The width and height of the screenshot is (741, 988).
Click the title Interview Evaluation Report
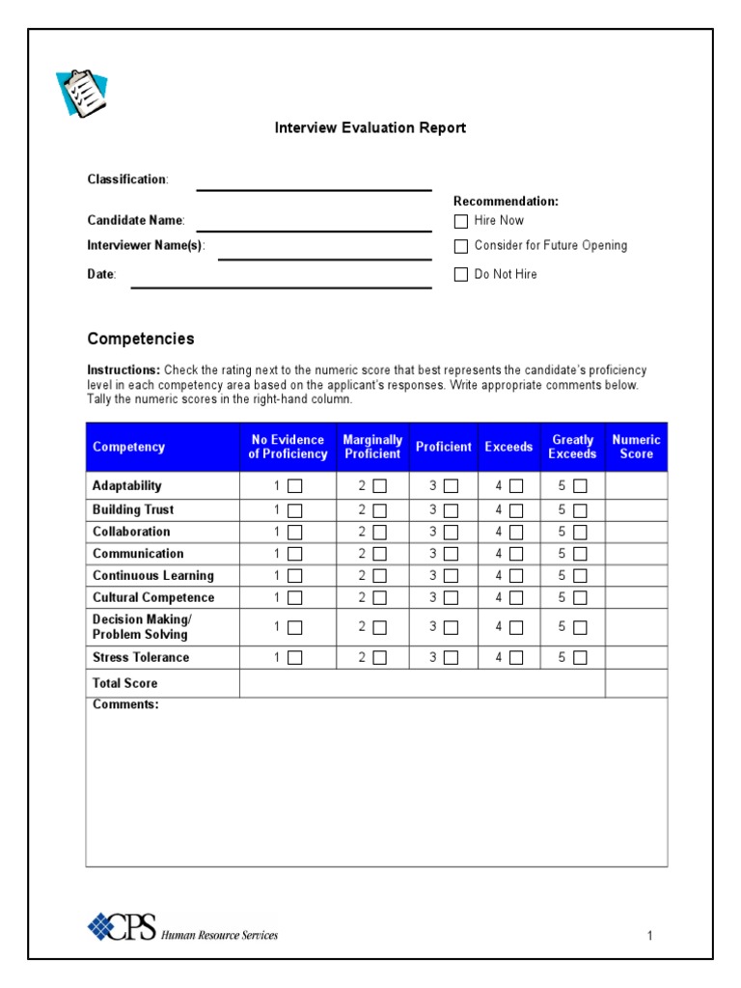(370, 127)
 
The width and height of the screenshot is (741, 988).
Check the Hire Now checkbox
(461, 221)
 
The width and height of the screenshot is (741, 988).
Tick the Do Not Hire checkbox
(461, 275)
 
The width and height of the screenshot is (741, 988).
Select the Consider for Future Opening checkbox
(461, 246)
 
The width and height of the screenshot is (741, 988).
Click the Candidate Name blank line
(314, 230)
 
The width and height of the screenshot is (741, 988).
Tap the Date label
(101, 275)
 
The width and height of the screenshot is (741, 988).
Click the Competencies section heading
(141, 339)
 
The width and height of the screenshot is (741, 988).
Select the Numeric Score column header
(636, 447)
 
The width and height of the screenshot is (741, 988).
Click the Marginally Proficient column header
(372, 447)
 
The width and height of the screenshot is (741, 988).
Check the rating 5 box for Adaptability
(580, 486)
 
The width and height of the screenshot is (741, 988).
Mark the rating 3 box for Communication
(452, 554)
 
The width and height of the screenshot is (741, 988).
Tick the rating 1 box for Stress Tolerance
(295, 658)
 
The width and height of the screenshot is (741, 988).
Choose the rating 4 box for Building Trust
(517, 510)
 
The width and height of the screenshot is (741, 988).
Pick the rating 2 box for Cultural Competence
(380, 598)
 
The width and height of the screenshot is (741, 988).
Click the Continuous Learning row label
(153, 576)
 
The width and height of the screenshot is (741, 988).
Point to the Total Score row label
(124, 683)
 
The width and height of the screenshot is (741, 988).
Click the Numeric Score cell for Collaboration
(636, 532)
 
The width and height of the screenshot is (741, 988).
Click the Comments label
(125, 705)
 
